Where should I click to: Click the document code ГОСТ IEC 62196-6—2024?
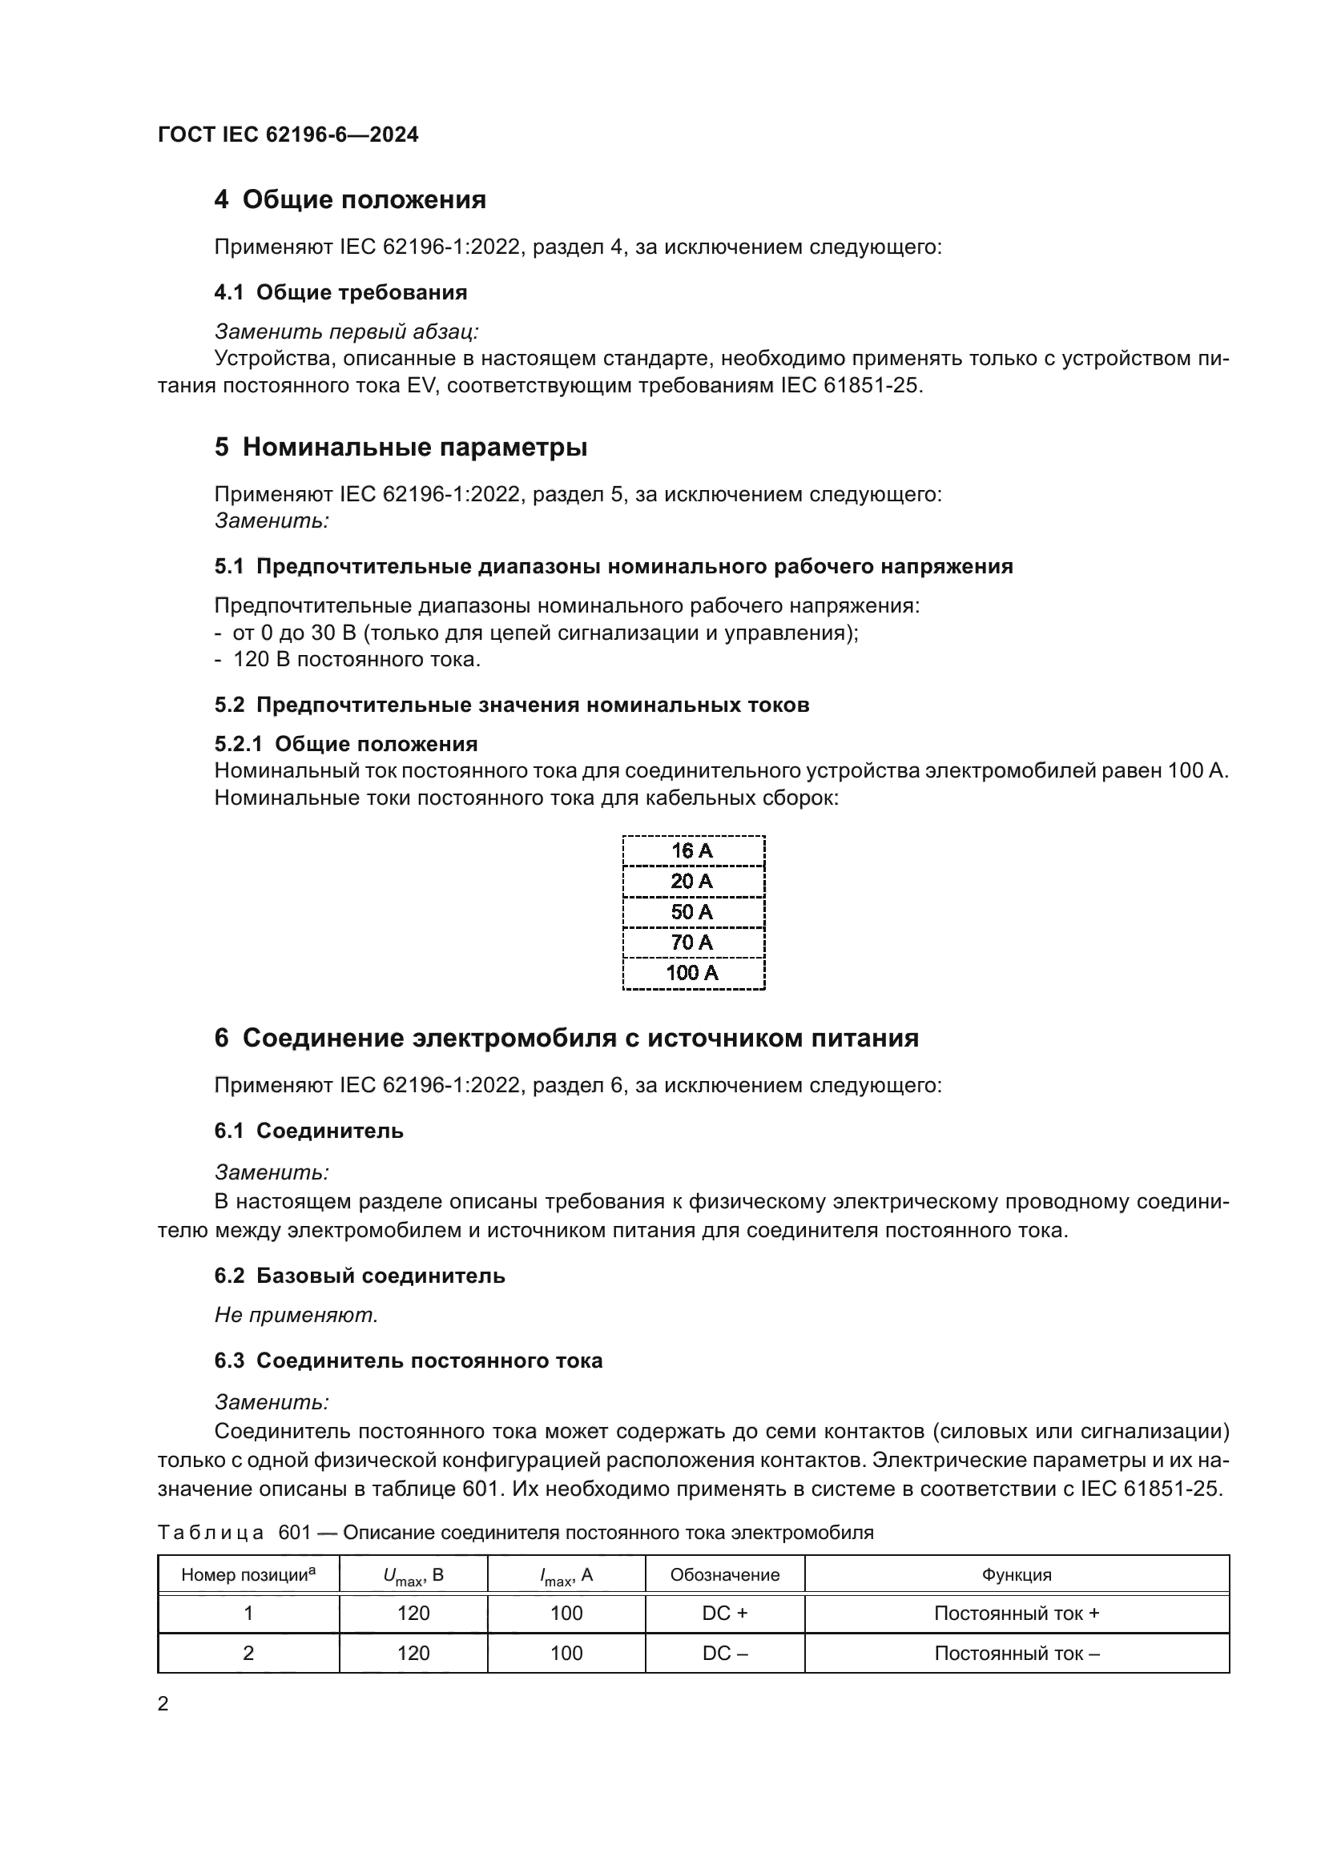[x=288, y=135]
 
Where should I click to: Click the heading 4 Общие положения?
[x=350, y=199]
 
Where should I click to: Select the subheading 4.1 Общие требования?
[x=340, y=292]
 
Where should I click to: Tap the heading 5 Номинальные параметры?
[x=401, y=447]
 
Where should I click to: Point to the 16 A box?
[x=693, y=851]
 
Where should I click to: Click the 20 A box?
[x=693, y=881]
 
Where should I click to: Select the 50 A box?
[x=693, y=912]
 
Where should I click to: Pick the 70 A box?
[x=693, y=943]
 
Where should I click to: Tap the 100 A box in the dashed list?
[x=693, y=973]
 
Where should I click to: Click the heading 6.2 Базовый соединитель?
[x=359, y=1276]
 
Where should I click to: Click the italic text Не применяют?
[x=296, y=1315]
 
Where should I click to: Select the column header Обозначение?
[x=724, y=1575]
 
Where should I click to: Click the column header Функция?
[x=1017, y=1575]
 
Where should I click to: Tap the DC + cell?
[x=724, y=1614]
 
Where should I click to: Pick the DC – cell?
[x=724, y=1654]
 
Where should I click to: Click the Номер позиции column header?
[x=248, y=1575]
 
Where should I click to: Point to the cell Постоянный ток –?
[x=1017, y=1654]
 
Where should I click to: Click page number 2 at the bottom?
[x=163, y=1704]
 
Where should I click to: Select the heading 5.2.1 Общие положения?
[x=346, y=744]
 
